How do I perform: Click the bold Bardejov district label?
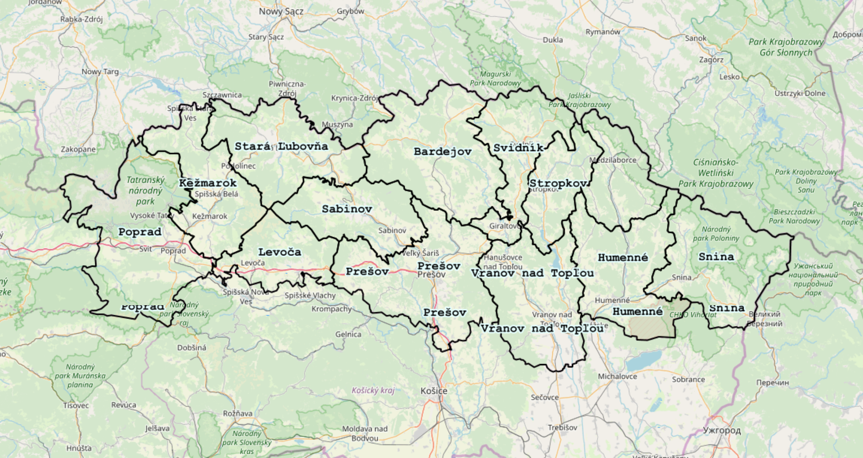pos(442,152)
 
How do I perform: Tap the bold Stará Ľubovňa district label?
pos(281,147)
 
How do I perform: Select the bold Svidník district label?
pos(518,148)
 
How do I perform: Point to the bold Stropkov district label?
pos(558,184)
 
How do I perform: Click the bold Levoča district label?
pos(279,252)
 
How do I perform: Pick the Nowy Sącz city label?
pos(281,11)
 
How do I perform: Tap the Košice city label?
pos(434,391)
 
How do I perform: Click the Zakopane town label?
pos(78,149)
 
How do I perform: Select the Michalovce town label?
pos(617,376)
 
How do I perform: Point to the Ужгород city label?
pos(721,430)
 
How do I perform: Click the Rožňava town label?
pos(237,413)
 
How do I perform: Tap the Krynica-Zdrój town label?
pos(354,98)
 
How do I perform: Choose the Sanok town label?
pos(695,38)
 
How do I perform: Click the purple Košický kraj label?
pos(373,390)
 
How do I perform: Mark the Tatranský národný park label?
pos(145,190)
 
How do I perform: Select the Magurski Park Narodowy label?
pos(495,78)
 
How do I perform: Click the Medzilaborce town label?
pos(613,160)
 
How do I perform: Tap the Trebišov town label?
pos(562,428)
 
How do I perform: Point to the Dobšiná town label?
pos(191,347)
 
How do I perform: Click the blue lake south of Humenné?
pos(645,360)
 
